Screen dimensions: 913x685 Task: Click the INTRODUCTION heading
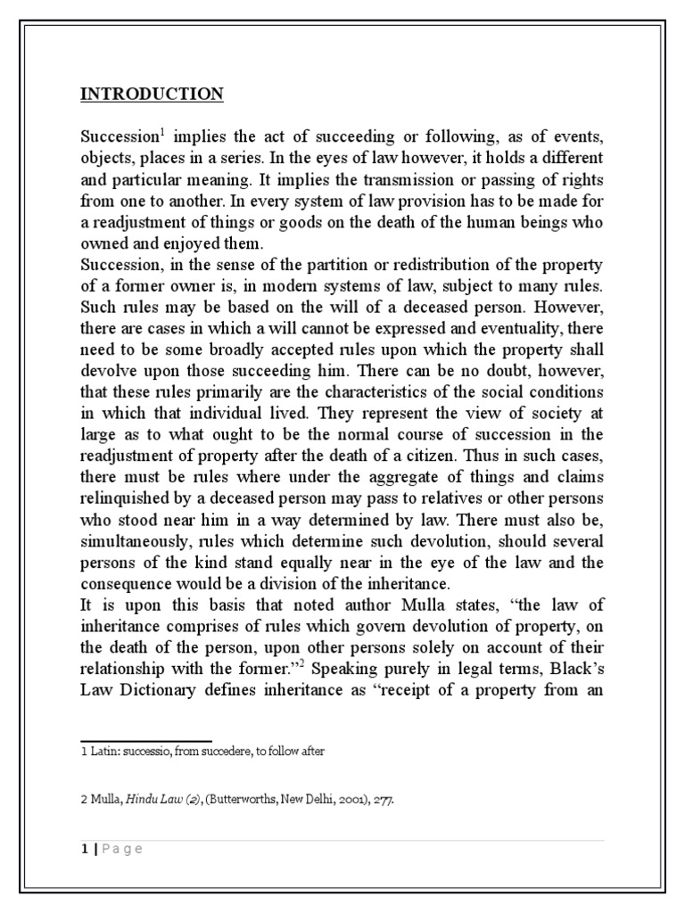152,94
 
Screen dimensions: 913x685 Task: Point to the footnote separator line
146,741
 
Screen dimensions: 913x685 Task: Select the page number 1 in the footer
84,849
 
